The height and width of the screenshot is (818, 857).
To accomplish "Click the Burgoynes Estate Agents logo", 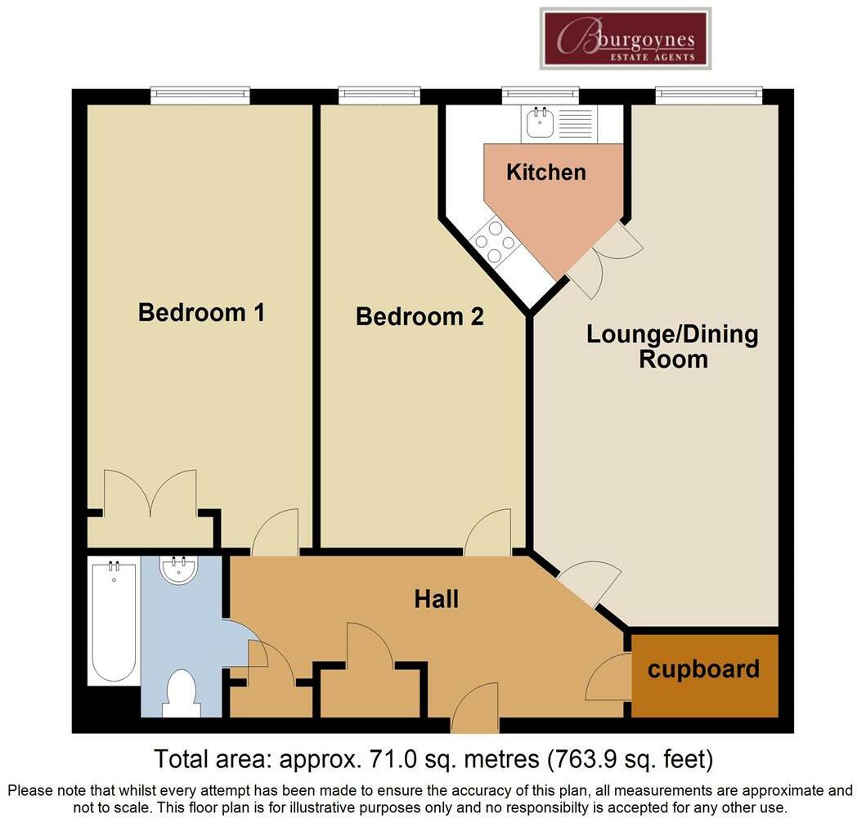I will (626, 38).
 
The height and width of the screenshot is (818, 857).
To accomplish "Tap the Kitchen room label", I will (546, 172).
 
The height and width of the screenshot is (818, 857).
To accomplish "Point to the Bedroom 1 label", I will (201, 312).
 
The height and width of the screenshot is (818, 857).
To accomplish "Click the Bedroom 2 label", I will (420, 316).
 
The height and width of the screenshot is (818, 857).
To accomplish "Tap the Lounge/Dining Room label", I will (672, 346).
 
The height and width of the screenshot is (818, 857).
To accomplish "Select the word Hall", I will (436, 599).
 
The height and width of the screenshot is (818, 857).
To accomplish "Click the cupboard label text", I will (703, 669).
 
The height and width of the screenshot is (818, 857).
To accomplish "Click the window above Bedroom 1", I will (200, 96).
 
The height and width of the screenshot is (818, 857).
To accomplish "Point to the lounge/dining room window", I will (708, 96).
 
